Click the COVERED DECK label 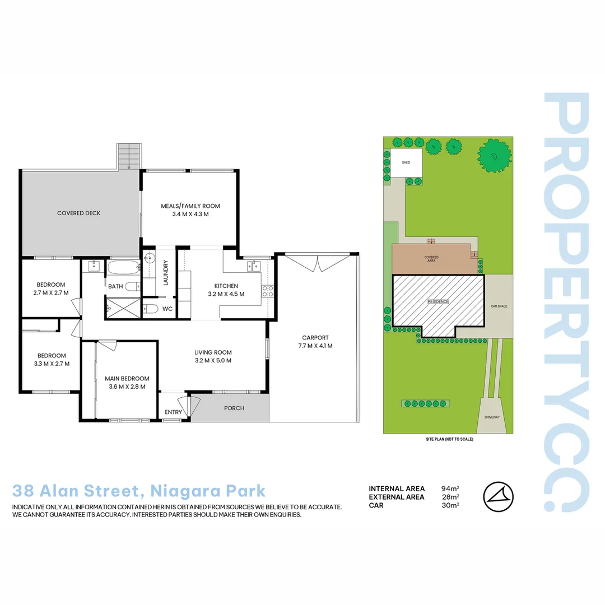(78, 213)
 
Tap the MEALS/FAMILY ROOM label (190, 206)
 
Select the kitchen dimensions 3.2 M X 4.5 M (226, 294)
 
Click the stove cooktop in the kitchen (268, 291)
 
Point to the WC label (167, 309)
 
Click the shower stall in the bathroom (122, 308)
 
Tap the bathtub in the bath (122, 267)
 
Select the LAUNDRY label (165, 273)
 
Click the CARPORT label (315, 338)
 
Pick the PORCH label (234, 408)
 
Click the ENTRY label (173, 413)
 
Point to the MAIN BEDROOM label (127, 378)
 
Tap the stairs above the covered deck (128, 155)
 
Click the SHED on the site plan (406, 162)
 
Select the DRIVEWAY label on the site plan (492, 417)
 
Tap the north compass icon (497, 496)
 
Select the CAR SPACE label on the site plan (499, 306)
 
